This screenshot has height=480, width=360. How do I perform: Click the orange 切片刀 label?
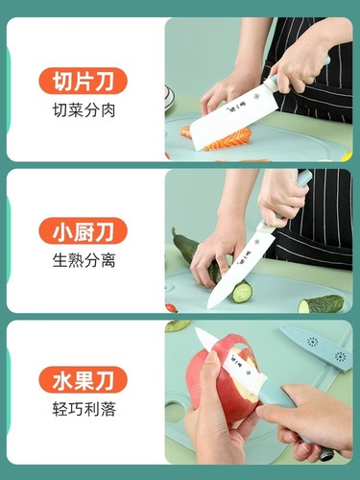click(83, 81)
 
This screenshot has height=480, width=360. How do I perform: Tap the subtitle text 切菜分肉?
click(84, 109)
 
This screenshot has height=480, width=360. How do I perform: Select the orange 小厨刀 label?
click(83, 231)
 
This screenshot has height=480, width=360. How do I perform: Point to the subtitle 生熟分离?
click(84, 260)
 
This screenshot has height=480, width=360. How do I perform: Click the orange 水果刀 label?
click(83, 381)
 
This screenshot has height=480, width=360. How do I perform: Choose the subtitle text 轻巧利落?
click(84, 410)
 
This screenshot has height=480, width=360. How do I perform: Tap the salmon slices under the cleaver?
click(230, 140)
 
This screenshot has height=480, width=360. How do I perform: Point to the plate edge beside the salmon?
click(170, 96)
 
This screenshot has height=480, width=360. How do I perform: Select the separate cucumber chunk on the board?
click(321, 304)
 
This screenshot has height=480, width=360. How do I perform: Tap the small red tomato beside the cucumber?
click(171, 308)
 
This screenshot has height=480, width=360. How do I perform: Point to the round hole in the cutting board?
click(175, 413)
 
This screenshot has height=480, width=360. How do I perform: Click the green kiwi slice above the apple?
click(177, 325)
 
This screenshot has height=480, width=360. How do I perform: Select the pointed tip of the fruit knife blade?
click(198, 330)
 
